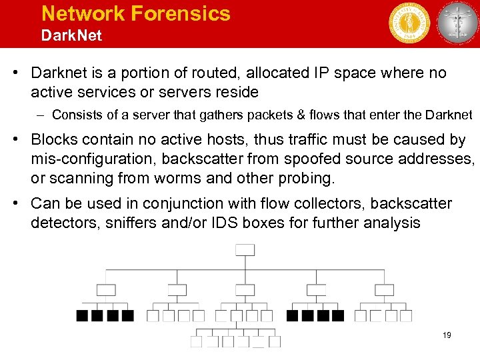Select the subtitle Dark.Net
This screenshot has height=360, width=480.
[x=71, y=35]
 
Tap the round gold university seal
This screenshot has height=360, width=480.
[x=409, y=23]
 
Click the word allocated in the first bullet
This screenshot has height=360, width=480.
[x=256, y=73]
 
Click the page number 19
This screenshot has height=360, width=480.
[x=446, y=335]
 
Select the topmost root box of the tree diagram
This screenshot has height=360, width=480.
[x=245, y=249]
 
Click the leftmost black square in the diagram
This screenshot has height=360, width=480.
[x=83, y=315]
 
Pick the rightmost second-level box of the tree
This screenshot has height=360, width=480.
[x=384, y=290]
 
